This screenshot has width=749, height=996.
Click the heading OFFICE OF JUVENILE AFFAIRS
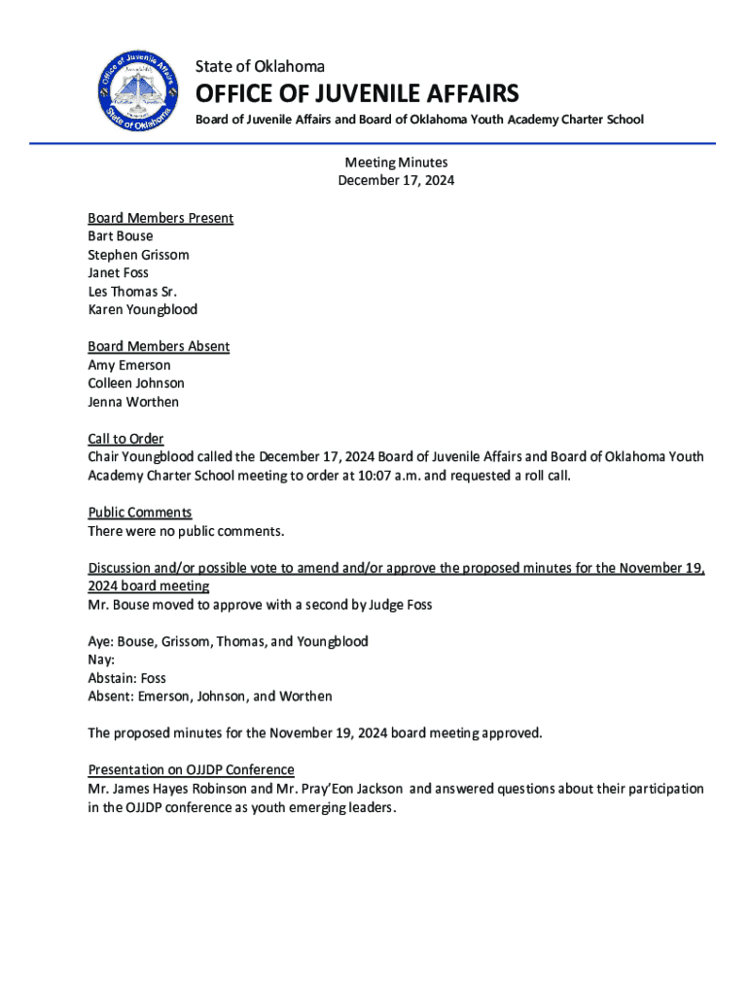click(357, 94)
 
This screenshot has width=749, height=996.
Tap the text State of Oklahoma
click(260, 66)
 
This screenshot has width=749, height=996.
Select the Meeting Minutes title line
click(396, 162)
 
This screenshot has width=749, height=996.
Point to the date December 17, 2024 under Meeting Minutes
click(396, 181)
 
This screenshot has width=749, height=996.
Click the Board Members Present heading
click(160, 218)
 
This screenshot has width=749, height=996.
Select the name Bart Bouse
click(121, 236)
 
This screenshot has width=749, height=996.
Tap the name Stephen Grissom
click(138, 255)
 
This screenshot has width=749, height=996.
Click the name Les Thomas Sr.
click(132, 291)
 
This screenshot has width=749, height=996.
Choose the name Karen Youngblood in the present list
click(142, 309)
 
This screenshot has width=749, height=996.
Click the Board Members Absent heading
click(159, 346)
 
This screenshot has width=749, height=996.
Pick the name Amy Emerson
click(129, 365)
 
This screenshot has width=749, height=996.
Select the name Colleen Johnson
click(136, 383)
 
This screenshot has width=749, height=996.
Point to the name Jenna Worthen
click(133, 402)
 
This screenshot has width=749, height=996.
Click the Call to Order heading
click(125, 439)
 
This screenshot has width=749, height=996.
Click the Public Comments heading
click(140, 513)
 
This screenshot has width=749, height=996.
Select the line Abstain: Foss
click(126, 678)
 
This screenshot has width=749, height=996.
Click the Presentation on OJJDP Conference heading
click(191, 770)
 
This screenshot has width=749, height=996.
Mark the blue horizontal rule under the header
click(373, 144)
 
